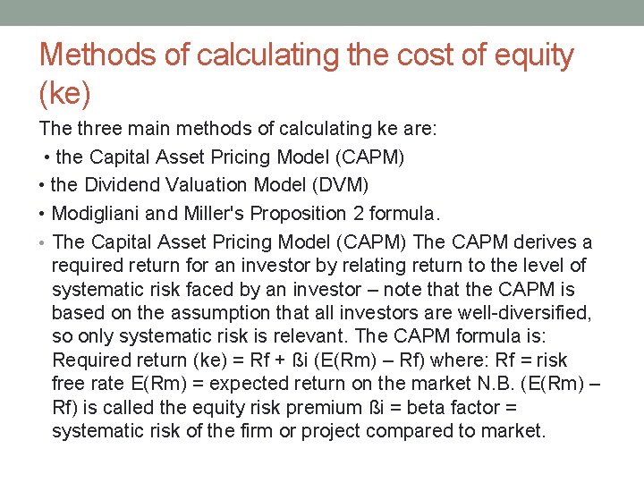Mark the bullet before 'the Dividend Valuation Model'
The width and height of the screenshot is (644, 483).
coord(43,185)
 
